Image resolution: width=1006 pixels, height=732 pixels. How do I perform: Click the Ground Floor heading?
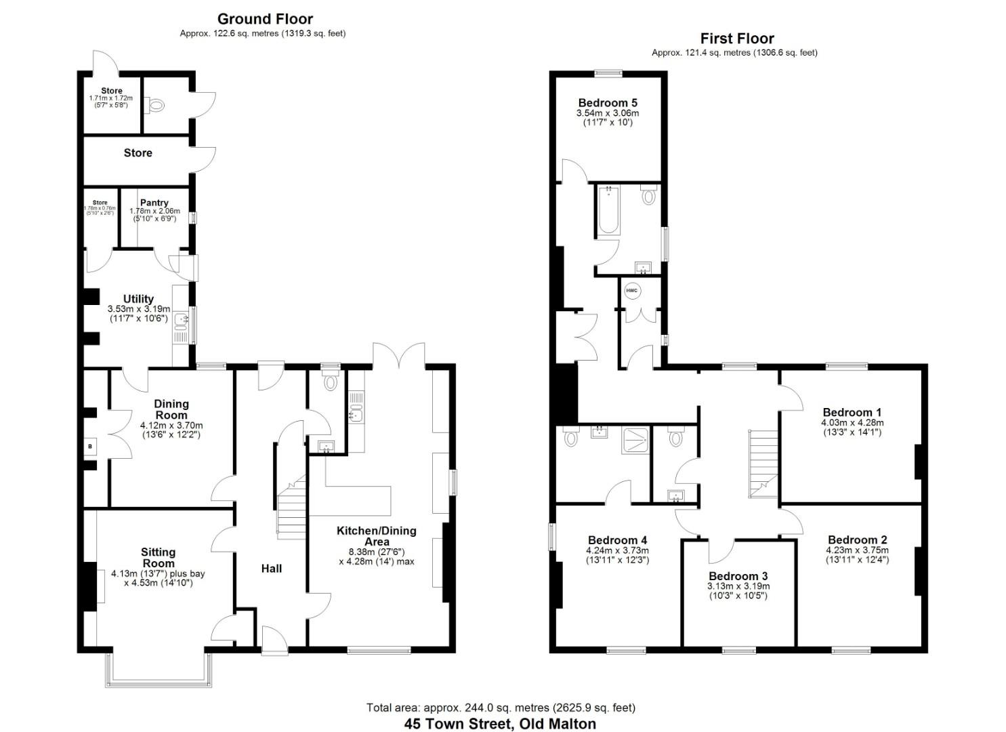(265, 19)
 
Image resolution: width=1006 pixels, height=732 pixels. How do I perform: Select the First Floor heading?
(737, 39)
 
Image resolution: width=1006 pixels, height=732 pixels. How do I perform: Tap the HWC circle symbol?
(631, 291)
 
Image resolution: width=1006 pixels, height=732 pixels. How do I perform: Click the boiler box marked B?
(89, 446)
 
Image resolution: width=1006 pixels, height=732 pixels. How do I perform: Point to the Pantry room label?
(154, 203)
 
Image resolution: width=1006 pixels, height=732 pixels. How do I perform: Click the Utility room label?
(138, 299)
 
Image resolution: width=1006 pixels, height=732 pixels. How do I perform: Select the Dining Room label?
(171, 409)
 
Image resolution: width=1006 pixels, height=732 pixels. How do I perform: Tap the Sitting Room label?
(158, 557)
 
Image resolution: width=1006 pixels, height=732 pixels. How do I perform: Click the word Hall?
(272, 569)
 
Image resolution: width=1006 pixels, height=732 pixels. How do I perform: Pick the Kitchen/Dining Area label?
(376, 535)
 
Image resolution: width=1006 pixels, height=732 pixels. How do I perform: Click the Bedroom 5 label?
(608, 103)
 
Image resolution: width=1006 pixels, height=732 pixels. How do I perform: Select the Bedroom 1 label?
(852, 412)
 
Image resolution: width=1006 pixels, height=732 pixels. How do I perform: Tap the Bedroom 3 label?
(738, 576)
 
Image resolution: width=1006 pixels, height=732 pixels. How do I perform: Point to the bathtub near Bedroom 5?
(608, 210)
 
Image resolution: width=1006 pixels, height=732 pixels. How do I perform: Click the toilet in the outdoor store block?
(157, 106)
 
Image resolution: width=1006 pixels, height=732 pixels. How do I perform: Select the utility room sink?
(181, 321)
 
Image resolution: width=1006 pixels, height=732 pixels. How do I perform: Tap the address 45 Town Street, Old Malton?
(500, 723)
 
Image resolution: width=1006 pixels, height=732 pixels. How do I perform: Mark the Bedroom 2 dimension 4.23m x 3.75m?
(858, 550)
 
